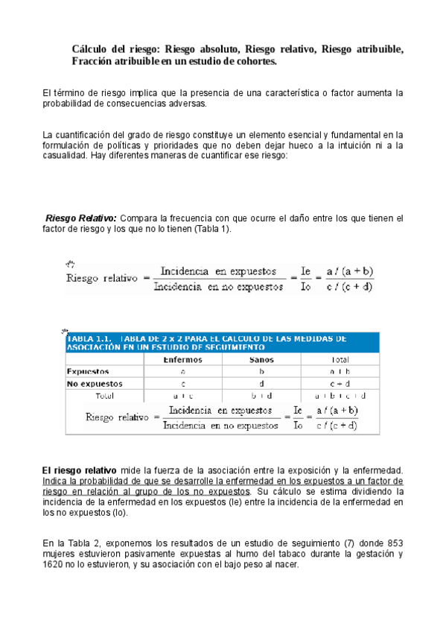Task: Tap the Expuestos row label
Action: coord(88,371)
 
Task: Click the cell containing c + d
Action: coord(340,383)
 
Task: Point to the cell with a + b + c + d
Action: coord(340,395)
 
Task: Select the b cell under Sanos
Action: coord(261,371)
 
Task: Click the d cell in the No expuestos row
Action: coord(261,383)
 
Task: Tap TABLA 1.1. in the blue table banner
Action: coord(88,338)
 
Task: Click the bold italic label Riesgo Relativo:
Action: coord(81,218)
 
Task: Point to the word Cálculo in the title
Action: coord(90,48)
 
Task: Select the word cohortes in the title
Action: coord(252,60)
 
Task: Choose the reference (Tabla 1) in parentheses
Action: coord(211,229)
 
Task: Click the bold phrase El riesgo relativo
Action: coord(79,470)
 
